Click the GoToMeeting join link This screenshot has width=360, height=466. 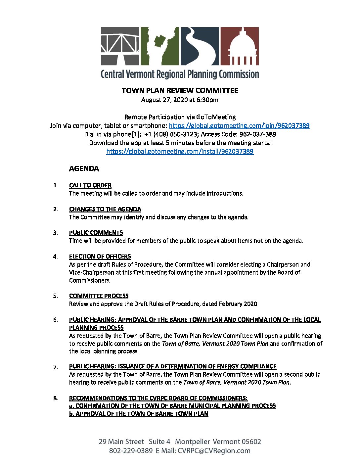[239, 126]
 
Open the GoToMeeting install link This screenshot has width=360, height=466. [180, 152]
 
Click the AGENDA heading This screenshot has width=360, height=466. [84, 169]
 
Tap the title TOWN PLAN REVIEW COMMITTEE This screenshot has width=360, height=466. [180, 91]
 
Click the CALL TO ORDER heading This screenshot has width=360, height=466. [90, 186]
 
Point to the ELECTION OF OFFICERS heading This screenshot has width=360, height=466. [100, 257]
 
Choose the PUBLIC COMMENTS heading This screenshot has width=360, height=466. [96, 233]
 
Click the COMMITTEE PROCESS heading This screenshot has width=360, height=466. [99, 296]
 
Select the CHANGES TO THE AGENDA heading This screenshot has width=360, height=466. [105, 210]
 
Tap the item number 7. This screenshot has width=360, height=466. [55, 367]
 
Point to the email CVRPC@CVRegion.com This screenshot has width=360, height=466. [214, 451]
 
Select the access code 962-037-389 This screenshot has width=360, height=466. [258, 134]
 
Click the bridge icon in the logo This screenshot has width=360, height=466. [120, 46]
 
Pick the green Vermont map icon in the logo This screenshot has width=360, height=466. [160, 46]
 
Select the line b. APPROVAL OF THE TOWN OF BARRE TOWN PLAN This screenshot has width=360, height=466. [139, 414]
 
